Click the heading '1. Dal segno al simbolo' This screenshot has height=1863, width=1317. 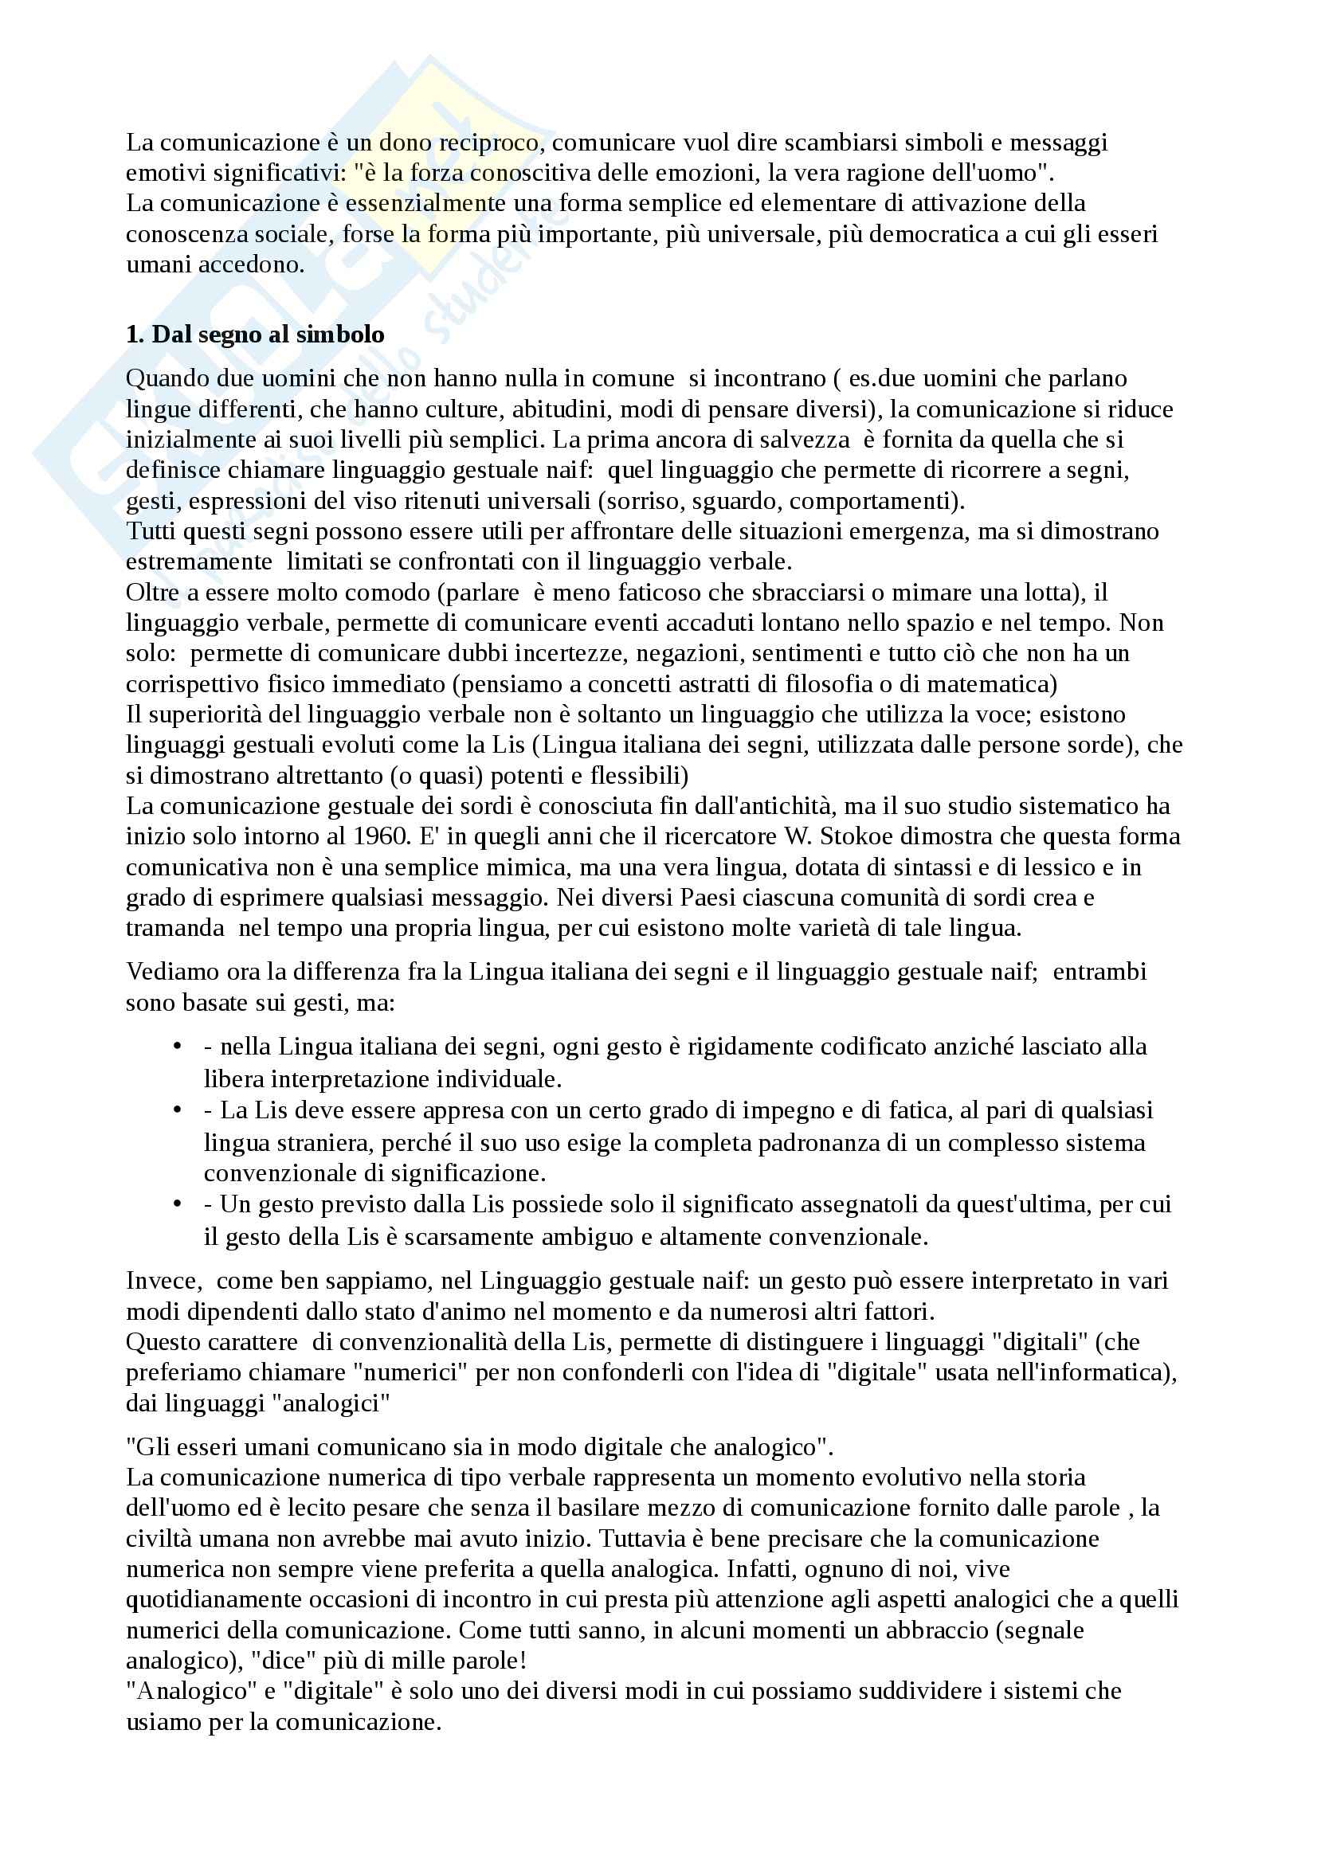pyautogui.click(x=255, y=335)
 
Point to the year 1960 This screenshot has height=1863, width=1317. pyautogui.click(x=381, y=836)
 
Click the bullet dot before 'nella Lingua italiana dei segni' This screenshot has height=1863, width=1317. pyautogui.click(x=178, y=1047)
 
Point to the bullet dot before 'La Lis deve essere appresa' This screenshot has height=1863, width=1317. pyautogui.click(x=178, y=1110)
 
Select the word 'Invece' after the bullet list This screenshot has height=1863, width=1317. pyautogui.click(x=163, y=1282)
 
